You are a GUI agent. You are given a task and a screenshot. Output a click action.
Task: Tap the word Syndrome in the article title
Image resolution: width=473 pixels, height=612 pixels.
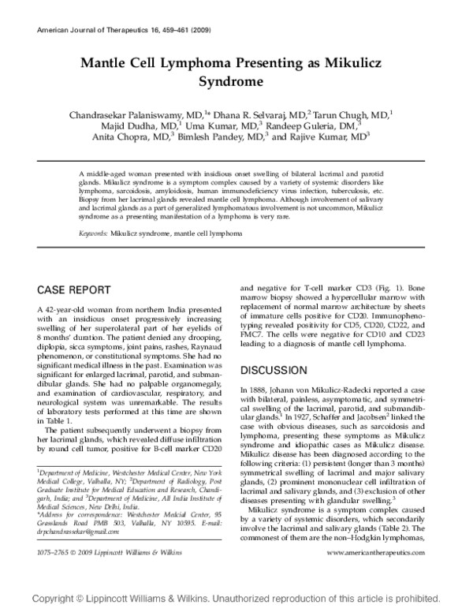point(236,81)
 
